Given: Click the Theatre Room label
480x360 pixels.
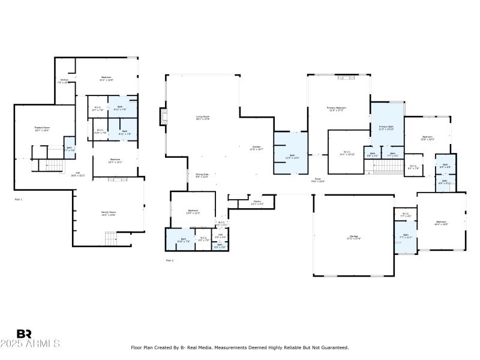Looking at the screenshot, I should [x=41, y=128].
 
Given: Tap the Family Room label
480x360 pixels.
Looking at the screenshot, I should [x=109, y=213].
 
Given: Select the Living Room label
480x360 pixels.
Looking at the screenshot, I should [x=203, y=118].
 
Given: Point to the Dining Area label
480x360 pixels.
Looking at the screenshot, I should [x=202, y=175].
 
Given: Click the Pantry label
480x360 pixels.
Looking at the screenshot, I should [x=257, y=202].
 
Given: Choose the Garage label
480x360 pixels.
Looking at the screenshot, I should [x=354, y=237].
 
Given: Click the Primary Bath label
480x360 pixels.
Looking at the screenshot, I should [x=386, y=128].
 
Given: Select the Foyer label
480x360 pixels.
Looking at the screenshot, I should [x=318, y=179].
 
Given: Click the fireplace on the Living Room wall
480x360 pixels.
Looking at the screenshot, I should [x=162, y=116].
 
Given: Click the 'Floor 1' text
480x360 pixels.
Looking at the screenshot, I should [x=18, y=199].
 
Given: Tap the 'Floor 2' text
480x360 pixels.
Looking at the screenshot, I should [x=169, y=260].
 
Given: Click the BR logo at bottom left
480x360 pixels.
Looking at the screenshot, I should [x=24, y=333].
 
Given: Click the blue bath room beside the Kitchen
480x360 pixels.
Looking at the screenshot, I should [x=291, y=153].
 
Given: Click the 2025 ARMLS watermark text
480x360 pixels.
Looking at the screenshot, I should [x=30, y=344].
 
